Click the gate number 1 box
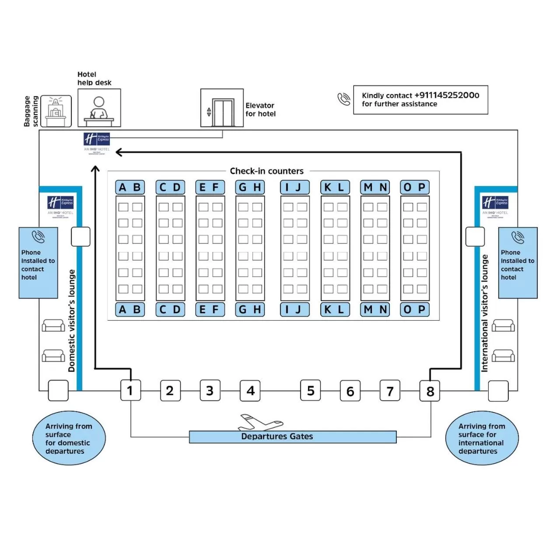130,390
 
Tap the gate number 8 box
430,391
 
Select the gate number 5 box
311,390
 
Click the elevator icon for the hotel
222,108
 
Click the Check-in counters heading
267,171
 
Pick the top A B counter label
130,187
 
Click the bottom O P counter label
415,309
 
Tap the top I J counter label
294,187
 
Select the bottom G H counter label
250,309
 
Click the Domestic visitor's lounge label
72,321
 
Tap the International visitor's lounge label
484,314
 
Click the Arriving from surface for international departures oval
482,438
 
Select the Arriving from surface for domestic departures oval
69,438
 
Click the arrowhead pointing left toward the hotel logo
119,152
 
